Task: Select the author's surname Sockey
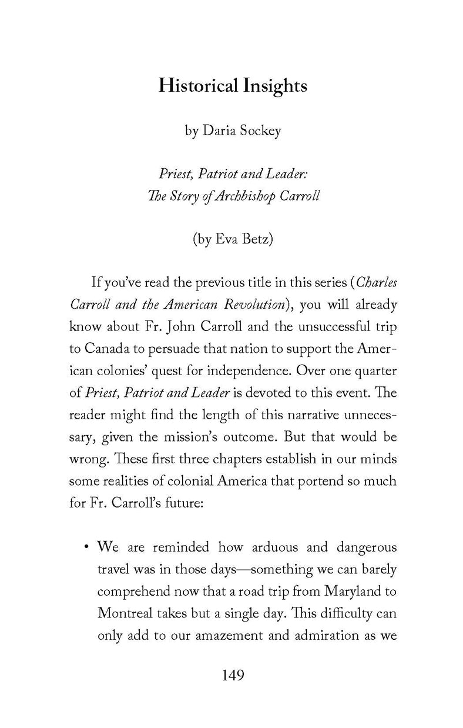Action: point(258,131)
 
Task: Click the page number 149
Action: point(232,675)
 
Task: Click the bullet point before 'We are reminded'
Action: point(86,548)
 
